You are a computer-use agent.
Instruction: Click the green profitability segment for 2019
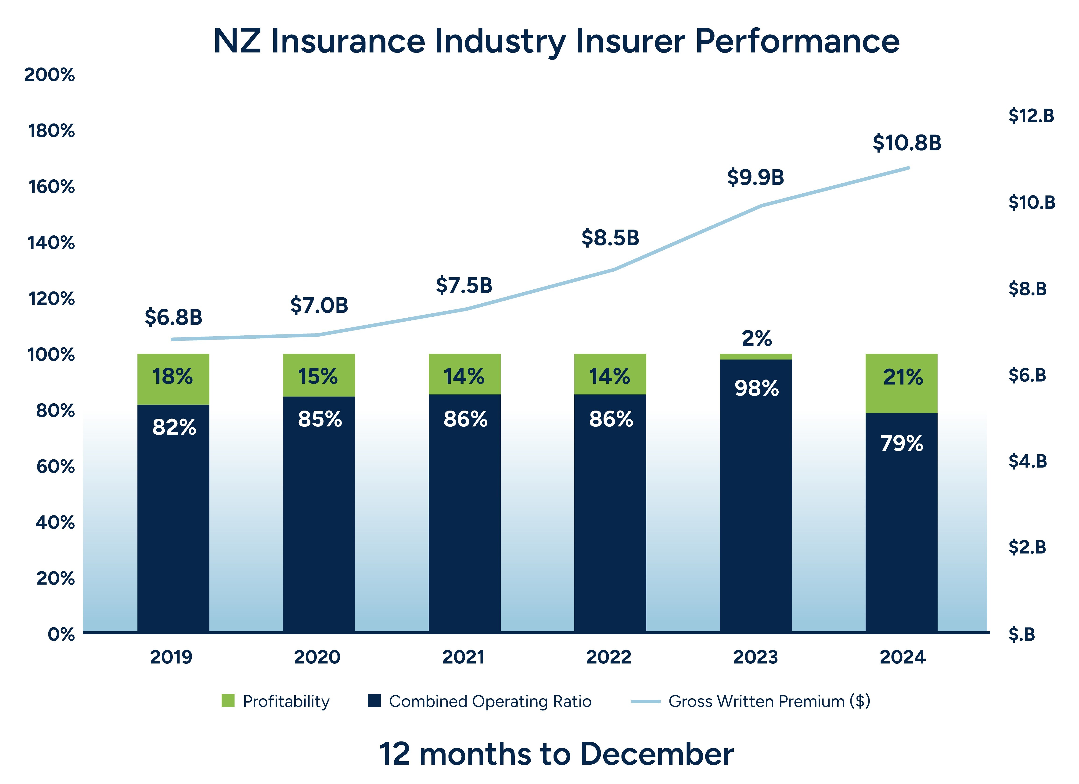click(x=173, y=379)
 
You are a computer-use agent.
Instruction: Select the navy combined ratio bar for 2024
click(x=901, y=523)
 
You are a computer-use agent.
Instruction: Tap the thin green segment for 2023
click(x=755, y=357)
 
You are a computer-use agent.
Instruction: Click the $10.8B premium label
click(x=907, y=143)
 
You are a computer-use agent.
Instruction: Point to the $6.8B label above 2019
click(x=174, y=317)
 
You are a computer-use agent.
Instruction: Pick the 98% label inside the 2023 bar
click(x=756, y=388)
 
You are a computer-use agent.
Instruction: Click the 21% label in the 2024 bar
click(x=903, y=377)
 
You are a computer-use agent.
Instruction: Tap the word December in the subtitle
click(x=657, y=754)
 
